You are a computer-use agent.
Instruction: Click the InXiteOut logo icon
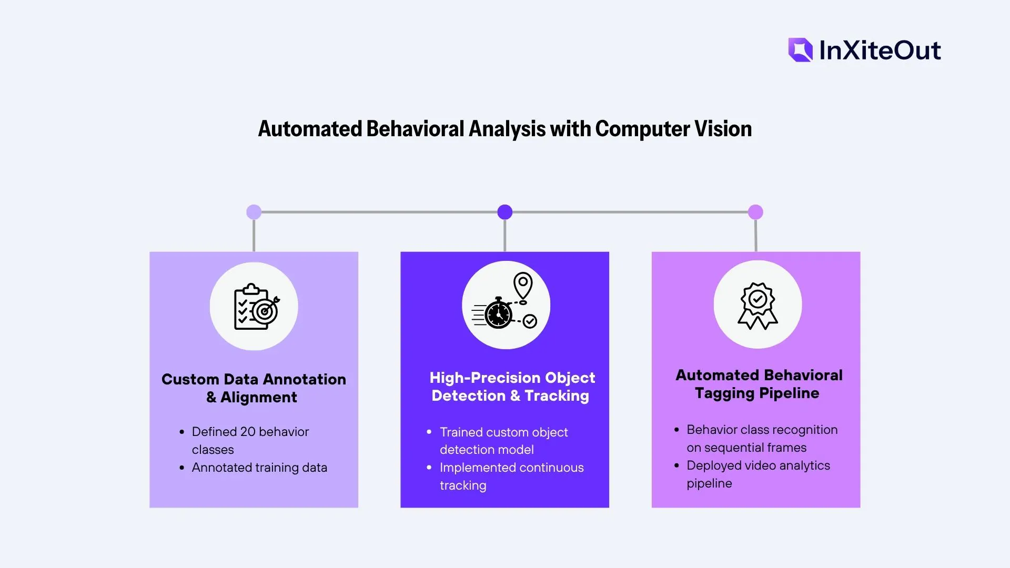[800, 50]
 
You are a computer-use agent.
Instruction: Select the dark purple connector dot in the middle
[505, 212]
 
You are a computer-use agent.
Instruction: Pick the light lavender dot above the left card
[254, 212]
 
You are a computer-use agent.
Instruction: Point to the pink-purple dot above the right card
[755, 212]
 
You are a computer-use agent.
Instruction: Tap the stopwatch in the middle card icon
[498, 314]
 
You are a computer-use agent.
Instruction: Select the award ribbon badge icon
[757, 306]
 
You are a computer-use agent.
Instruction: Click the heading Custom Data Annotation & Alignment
[254, 388]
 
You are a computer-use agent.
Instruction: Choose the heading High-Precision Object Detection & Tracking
[511, 387]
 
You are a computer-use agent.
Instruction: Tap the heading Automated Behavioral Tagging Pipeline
[759, 384]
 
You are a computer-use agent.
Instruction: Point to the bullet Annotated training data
[259, 468]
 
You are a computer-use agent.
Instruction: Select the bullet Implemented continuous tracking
[511, 476]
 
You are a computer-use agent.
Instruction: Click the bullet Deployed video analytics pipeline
[758, 474]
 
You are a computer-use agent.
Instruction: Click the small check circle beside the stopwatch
[530, 321]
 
